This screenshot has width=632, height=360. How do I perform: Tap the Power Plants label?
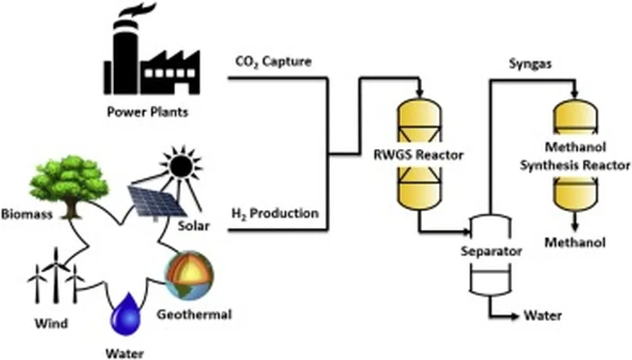tap(148, 112)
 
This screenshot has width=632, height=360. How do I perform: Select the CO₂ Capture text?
tap(273, 62)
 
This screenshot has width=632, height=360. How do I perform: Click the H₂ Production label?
tap(275, 214)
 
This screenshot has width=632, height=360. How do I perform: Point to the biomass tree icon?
tap(69, 182)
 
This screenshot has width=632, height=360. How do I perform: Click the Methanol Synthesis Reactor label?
tap(575, 157)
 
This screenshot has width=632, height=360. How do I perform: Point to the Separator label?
tap(491, 251)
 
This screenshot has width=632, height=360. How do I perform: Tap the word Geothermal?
tap(194, 314)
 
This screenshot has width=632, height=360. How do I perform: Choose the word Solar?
tap(194, 227)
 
